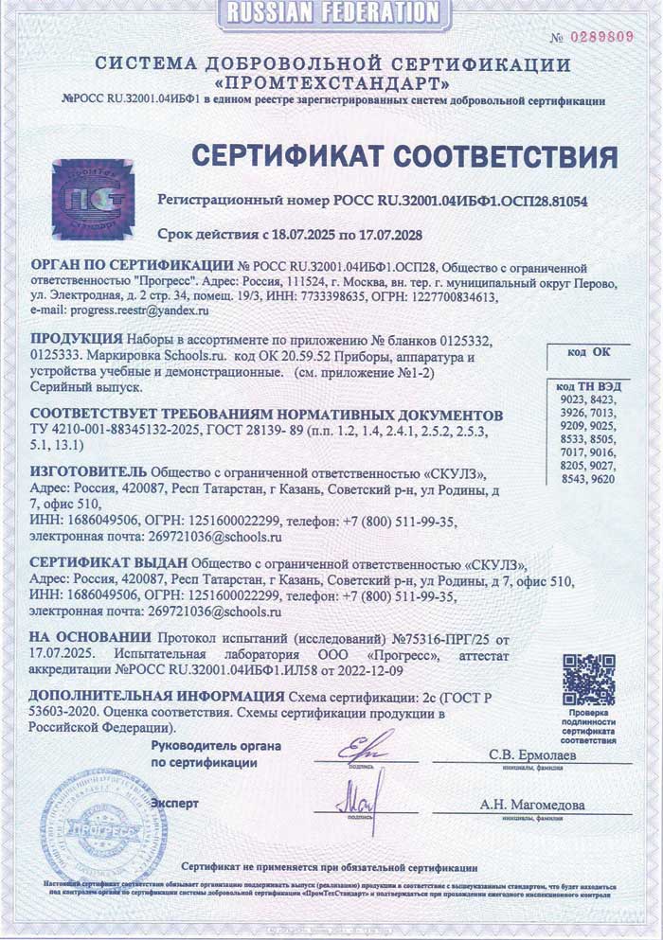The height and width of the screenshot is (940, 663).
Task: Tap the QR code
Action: [x=588, y=678]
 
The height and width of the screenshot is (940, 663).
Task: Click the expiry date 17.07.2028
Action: [x=385, y=234]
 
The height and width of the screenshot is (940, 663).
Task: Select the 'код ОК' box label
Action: [x=589, y=353]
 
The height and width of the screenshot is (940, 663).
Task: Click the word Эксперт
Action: [x=174, y=804]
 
